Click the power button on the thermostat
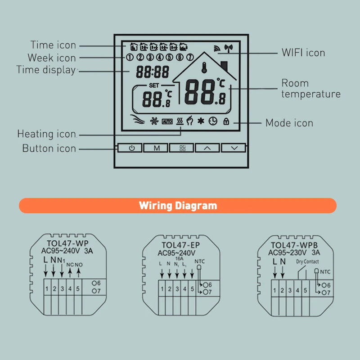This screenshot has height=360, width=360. click(x=131, y=148)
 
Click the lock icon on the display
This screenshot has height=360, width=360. click(x=226, y=121)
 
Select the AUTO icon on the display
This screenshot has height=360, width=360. click(x=167, y=121)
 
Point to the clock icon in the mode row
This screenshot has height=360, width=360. click(x=212, y=121)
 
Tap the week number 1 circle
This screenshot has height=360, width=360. click(x=130, y=57)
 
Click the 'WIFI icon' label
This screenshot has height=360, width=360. click(x=303, y=53)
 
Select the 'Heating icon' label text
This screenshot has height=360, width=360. click(x=46, y=134)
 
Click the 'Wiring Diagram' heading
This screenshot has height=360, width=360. click(x=178, y=206)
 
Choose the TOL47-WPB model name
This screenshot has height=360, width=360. click(x=295, y=245)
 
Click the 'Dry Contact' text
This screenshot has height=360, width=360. click(x=307, y=261)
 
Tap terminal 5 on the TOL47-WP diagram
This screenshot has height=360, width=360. click(x=78, y=288)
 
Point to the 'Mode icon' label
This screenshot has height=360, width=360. click(x=289, y=123)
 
